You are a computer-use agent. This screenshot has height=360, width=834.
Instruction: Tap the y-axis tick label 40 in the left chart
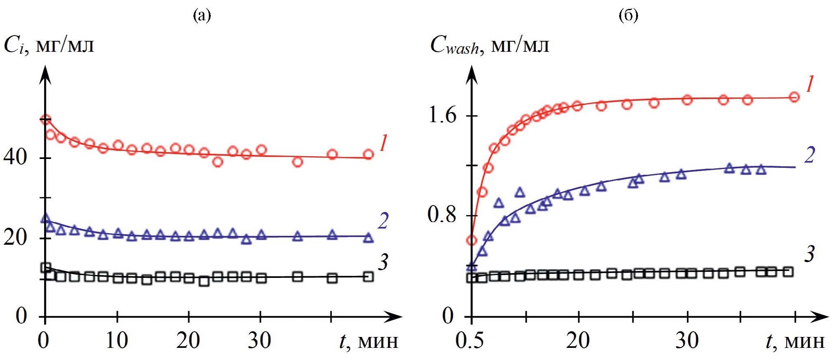pos(15,157)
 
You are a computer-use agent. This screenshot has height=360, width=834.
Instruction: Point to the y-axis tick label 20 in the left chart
pos(15,237)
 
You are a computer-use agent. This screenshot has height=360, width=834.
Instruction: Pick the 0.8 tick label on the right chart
pos(442,214)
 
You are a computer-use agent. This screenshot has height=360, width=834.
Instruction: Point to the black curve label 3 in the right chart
pos(809,254)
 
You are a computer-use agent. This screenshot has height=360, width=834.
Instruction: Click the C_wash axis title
pos(490,45)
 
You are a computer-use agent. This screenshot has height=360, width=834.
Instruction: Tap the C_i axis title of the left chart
pos(49,45)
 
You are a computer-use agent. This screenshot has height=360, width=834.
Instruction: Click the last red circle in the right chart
pos(794,97)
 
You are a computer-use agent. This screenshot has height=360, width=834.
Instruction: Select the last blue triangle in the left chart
pos(368,238)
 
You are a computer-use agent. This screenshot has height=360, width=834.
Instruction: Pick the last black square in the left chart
pos(368,277)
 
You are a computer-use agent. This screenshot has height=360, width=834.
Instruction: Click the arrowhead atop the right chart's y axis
pos(471,74)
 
